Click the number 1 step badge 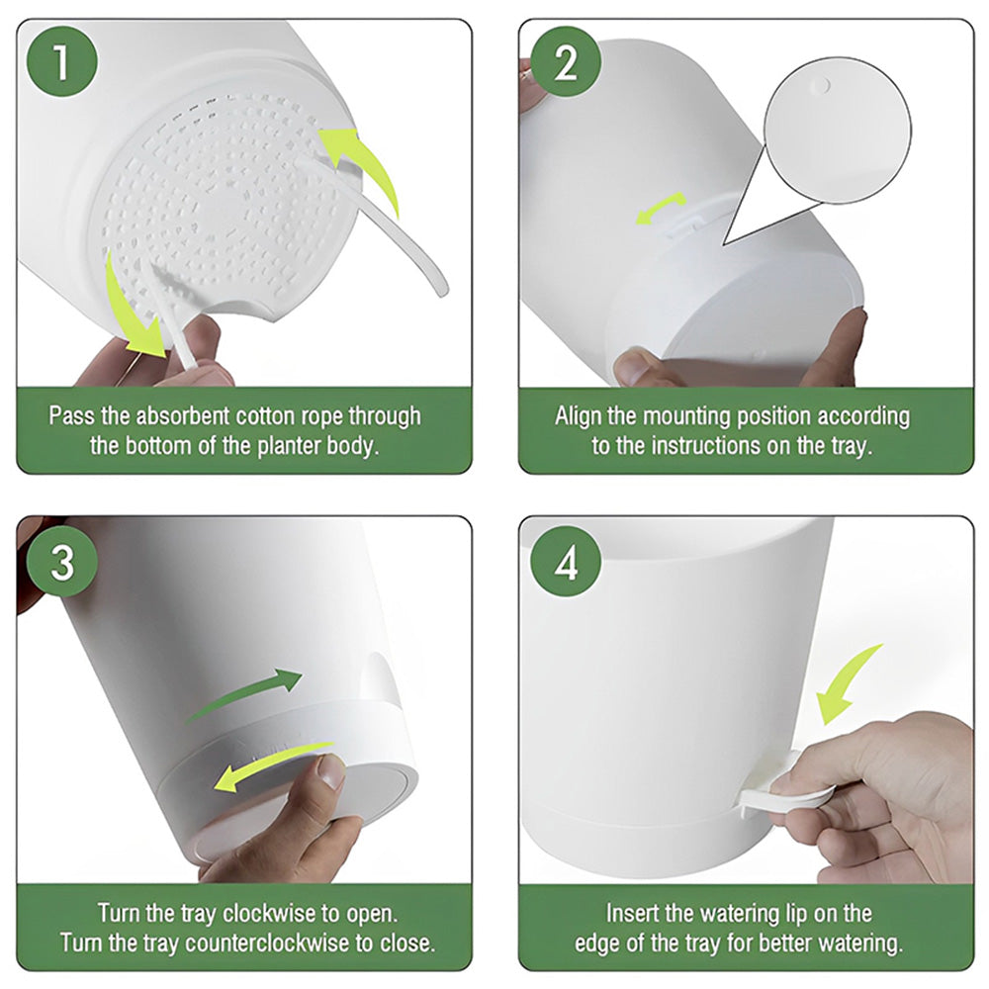(61, 62)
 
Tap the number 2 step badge (565, 62)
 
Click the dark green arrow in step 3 (247, 692)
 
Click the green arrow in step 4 (849, 682)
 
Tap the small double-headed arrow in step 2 (661, 209)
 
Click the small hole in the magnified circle (819, 87)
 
